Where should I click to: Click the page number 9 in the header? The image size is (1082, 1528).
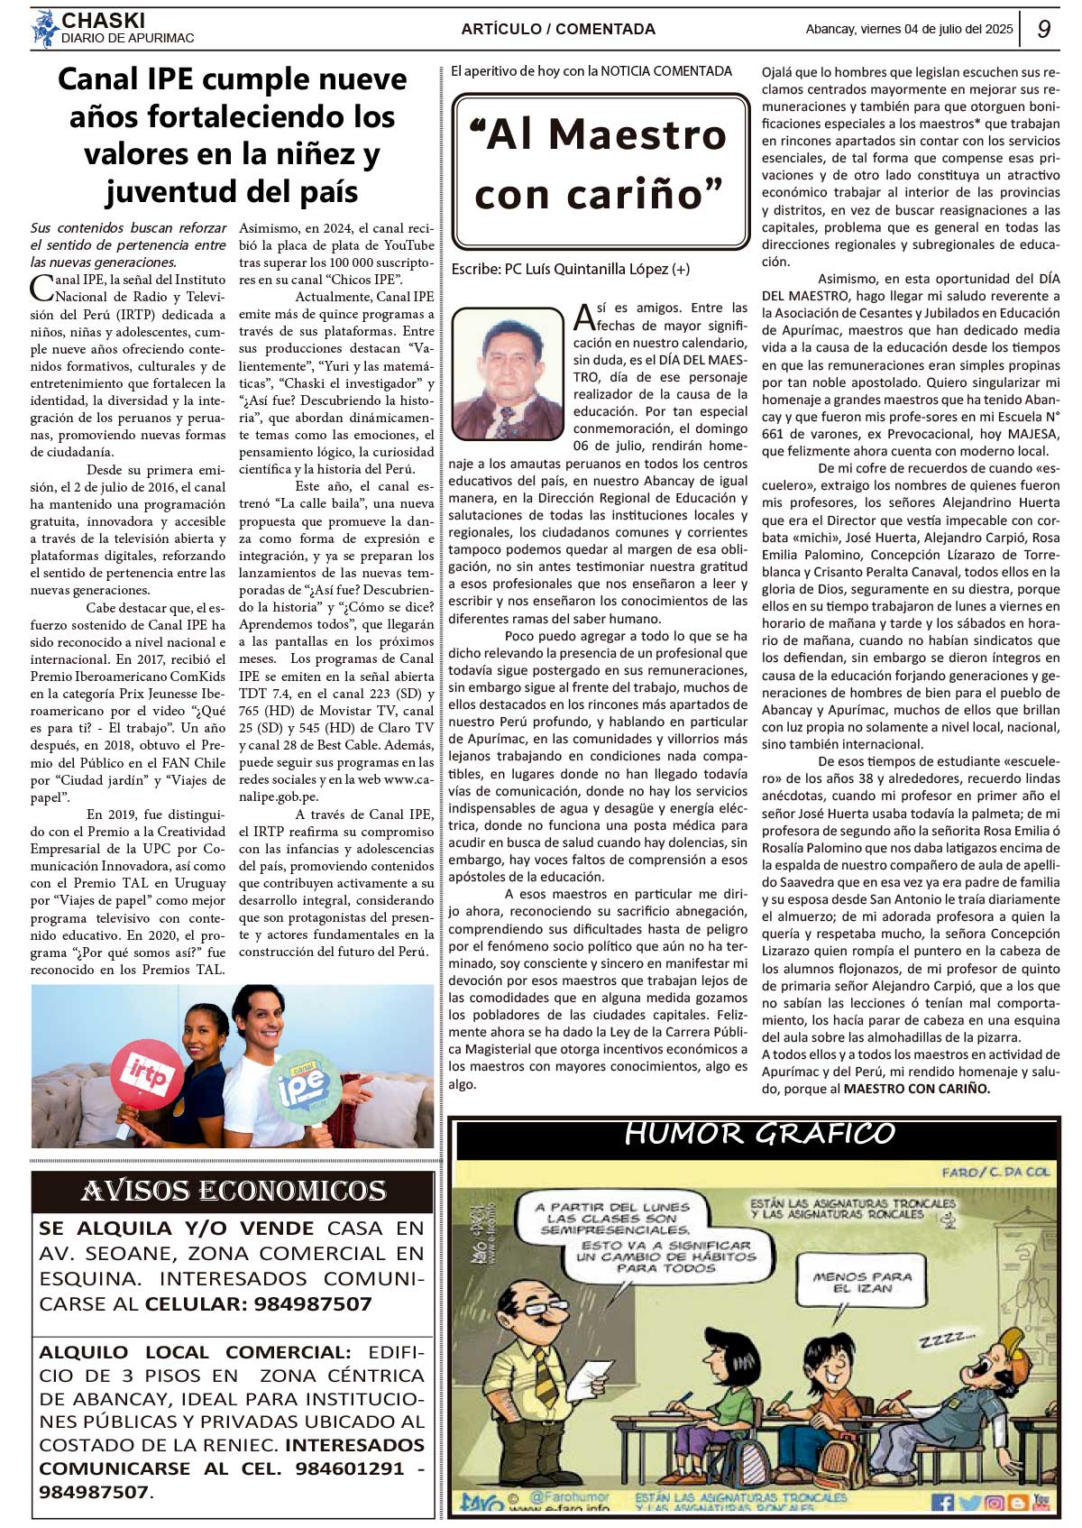(1043, 29)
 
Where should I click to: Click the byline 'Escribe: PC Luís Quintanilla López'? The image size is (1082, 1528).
(570, 269)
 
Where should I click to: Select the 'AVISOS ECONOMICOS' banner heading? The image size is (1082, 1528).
(233, 1192)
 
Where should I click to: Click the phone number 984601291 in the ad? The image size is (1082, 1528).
(350, 1468)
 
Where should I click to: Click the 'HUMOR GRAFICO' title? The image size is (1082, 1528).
(759, 1134)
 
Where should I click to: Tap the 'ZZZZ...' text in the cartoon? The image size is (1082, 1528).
(947, 1339)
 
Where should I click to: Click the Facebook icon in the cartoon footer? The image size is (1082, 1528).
(942, 1502)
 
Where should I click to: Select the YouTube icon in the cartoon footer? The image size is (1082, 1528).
(1041, 1502)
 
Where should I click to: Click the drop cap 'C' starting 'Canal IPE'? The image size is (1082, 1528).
(41, 288)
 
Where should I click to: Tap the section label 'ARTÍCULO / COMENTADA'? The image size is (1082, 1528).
(558, 29)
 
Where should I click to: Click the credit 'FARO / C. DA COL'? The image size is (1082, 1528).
(995, 1172)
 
